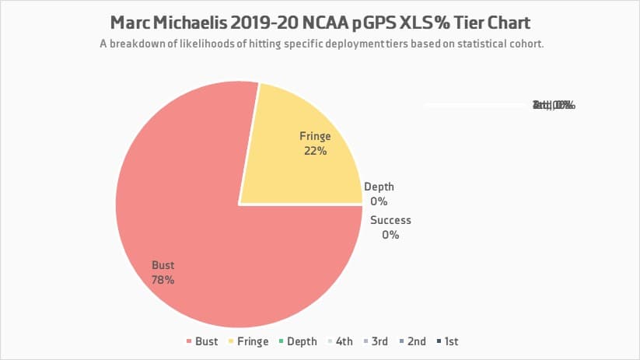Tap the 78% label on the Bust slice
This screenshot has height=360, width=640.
(163, 280)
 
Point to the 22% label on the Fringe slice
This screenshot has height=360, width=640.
(315, 151)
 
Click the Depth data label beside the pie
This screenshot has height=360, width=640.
(379, 187)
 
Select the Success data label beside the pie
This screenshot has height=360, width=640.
(390, 220)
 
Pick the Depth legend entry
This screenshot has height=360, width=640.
(297, 341)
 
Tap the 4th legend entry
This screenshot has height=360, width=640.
(339, 341)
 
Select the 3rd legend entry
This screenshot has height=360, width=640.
(375, 341)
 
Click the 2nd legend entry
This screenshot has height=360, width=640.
(412, 341)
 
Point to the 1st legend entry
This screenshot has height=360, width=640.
(446, 341)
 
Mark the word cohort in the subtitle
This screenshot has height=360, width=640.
(525, 44)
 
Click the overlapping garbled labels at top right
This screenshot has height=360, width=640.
(553, 105)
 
